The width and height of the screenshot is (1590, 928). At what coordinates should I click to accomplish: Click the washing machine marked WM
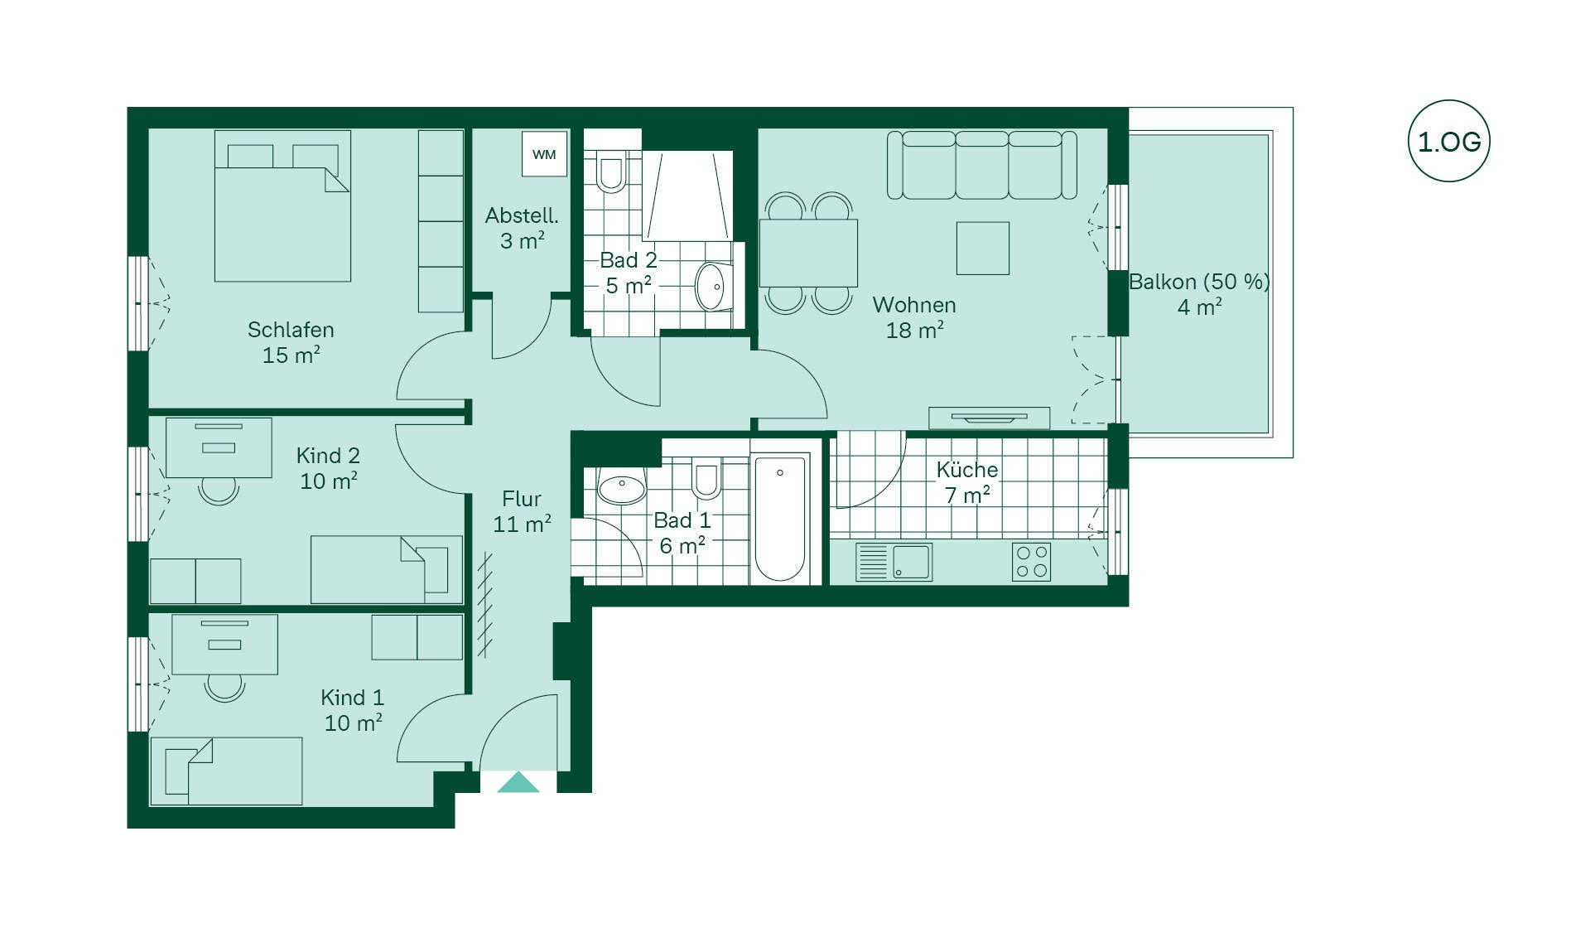[544, 153]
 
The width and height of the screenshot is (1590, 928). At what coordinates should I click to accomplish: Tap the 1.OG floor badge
[1448, 142]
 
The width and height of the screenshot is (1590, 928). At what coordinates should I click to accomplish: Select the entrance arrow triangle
[518, 782]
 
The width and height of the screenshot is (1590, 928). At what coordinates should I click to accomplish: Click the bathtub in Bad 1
[780, 517]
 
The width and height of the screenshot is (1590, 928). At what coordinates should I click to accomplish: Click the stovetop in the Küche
[1032, 562]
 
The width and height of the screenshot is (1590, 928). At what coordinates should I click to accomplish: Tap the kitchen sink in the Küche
[894, 561]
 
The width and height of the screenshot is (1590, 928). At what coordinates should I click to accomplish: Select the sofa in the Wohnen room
[982, 165]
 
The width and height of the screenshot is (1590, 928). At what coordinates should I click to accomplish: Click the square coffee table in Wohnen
[983, 248]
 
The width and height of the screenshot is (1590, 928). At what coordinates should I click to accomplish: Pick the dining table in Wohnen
[809, 253]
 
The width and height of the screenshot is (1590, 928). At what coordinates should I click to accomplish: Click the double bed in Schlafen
[282, 205]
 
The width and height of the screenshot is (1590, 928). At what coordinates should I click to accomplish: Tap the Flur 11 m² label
[522, 511]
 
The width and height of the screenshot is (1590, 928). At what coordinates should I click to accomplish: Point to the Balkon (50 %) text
[1199, 282]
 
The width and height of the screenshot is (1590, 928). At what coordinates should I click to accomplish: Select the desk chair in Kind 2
[219, 491]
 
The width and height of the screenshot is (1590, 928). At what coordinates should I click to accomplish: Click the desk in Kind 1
[224, 645]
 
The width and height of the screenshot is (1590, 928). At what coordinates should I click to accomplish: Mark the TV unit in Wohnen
[989, 418]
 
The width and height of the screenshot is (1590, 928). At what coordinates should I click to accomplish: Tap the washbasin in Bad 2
[711, 286]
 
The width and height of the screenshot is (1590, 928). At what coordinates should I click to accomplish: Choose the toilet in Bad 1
[706, 478]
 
